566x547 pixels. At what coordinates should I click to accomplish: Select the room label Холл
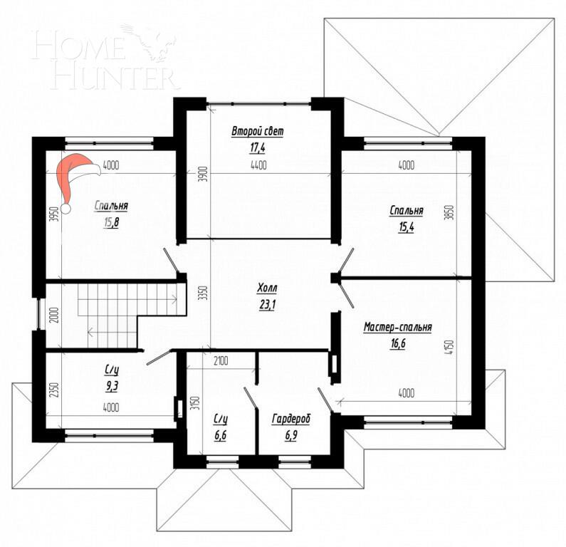click(x=268, y=289)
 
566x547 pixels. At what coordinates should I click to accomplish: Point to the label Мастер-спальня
click(x=397, y=327)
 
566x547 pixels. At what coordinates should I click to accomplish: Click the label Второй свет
click(x=257, y=132)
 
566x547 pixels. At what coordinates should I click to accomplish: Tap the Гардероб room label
click(x=290, y=419)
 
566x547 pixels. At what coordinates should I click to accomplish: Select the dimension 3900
click(x=201, y=173)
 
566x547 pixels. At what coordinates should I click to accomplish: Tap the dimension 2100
click(x=220, y=361)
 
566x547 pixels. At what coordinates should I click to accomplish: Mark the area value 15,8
click(x=111, y=222)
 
